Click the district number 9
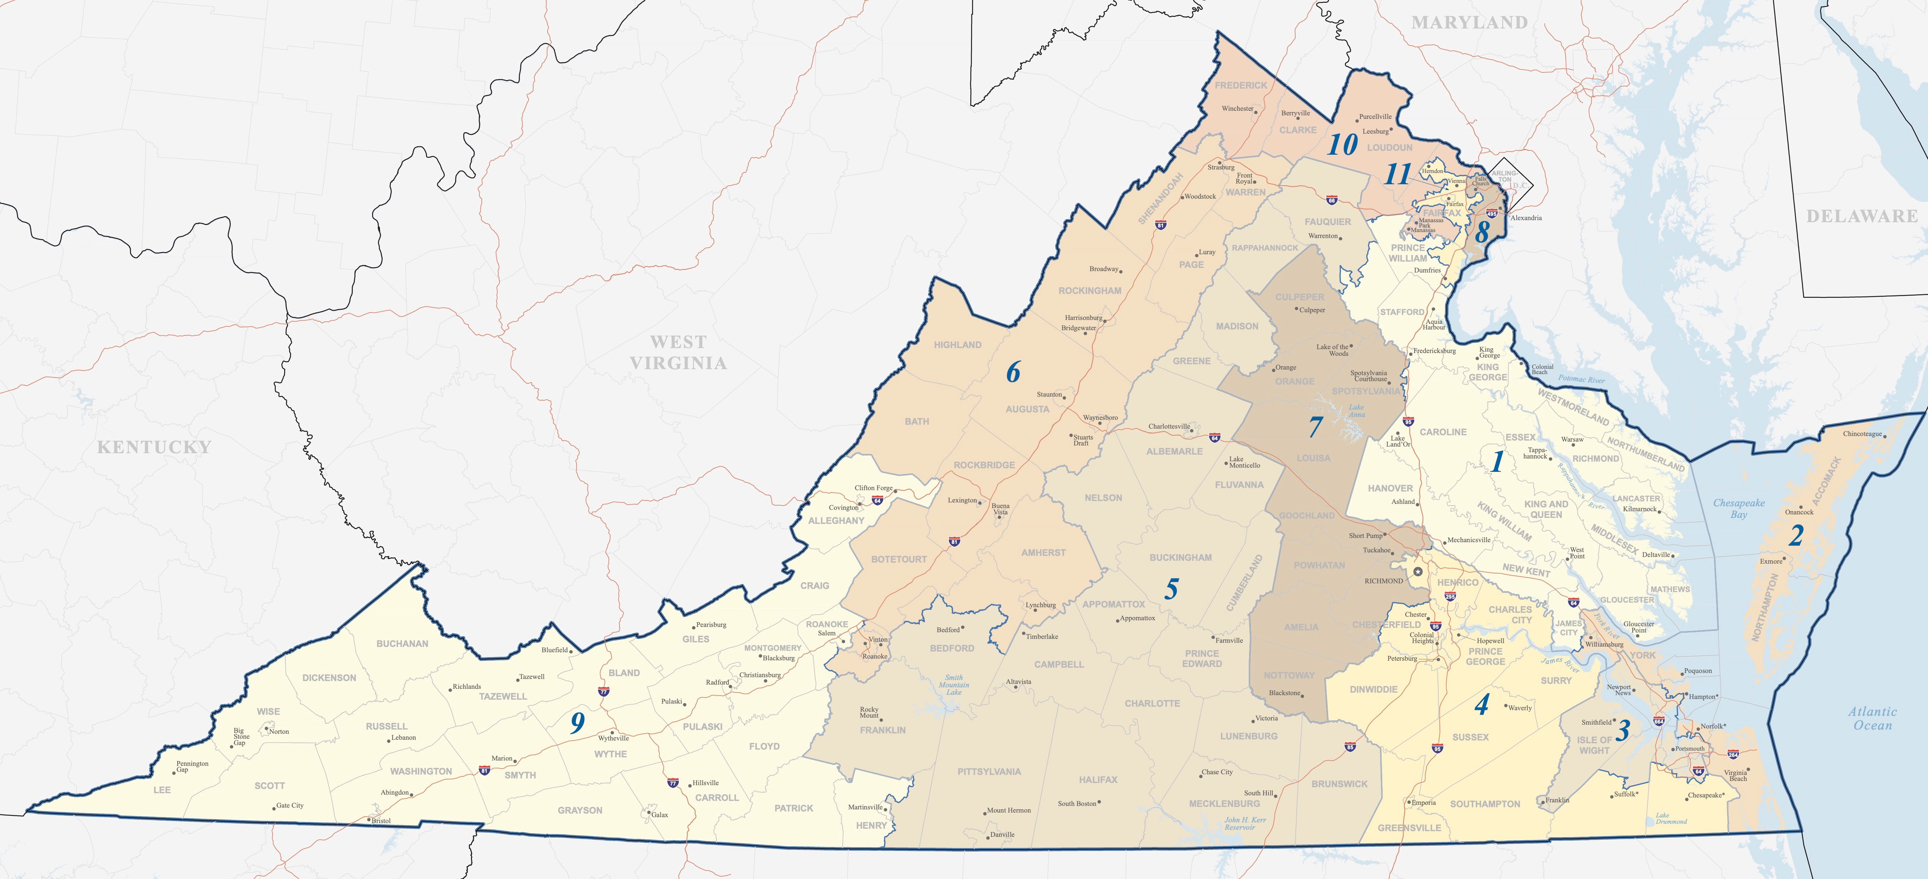pyautogui.click(x=577, y=723)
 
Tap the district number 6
pyautogui.click(x=1013, y=372)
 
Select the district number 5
pyautogui.click(x=1171, y=589)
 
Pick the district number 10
pyautogui.click(x=1342, y=145)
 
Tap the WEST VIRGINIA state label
pyautogui.click(x=678, y=352)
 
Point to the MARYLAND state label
pyautogui.click(x=1469, y=23)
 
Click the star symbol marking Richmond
pyautogui.click(x=1418, y=572)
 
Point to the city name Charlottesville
pyautogui.click(x=1169, y=426)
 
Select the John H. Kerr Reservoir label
pyautogui.click(x=1245, y=823)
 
